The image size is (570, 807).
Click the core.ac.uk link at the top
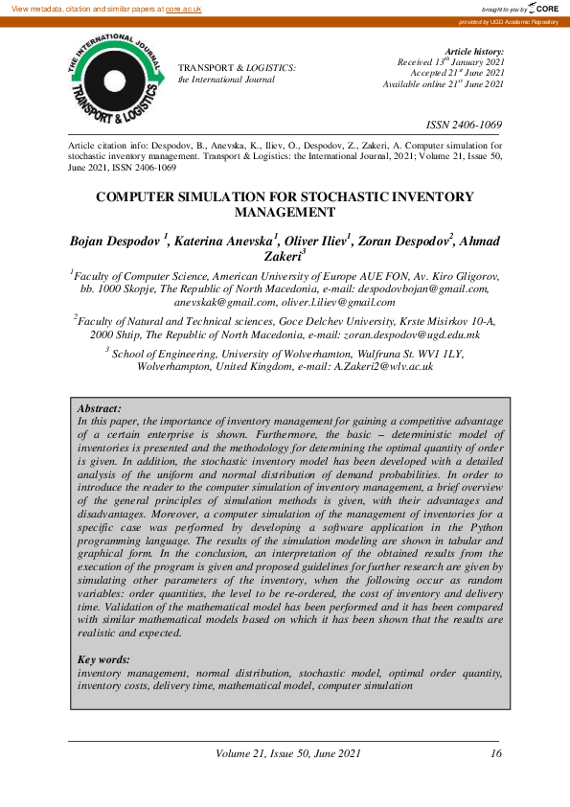pos(183,8)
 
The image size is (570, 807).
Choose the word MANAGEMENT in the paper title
pos(285,212)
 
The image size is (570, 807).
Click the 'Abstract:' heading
pos(99,408)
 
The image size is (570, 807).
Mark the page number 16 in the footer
pos(495,753)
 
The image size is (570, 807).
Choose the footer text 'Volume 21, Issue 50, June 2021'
pos(289,753)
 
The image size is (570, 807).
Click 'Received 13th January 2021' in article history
pos(451,62)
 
